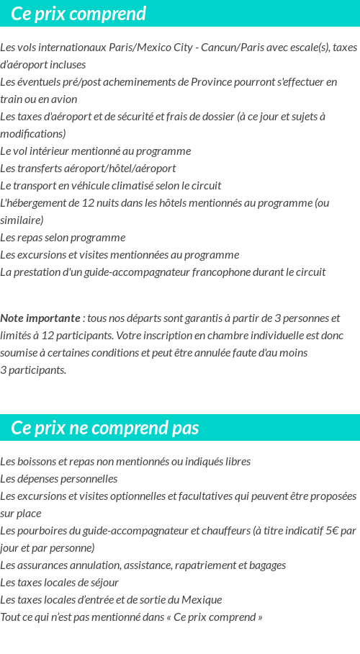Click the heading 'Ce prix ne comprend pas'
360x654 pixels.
coord(105,428)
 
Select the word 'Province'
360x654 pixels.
coord(211,82)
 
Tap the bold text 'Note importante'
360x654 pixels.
coord(40,318)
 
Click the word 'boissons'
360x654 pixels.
coord(35,462)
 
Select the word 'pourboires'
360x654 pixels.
coord(40,531)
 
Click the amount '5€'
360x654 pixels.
coord(330,531)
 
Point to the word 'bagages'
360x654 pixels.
coord(266,565)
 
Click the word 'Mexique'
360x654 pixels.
coord(202,600)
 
